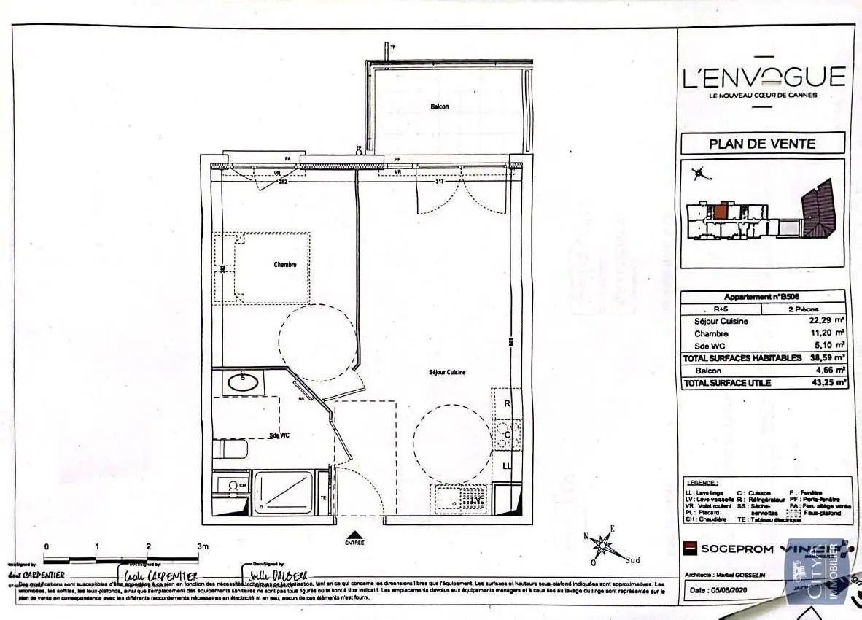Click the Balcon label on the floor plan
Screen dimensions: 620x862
click(439, 106)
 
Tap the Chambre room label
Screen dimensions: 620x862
click(285, 265)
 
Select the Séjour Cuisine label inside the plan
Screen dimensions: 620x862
click(447, 373)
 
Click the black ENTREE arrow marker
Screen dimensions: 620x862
click(354, 535)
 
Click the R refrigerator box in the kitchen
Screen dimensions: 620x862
click(507, 403)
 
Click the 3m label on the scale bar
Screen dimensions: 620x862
click(203, 546)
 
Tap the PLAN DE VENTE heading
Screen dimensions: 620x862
click(762, 144)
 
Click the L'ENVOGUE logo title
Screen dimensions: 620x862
click(763, 76)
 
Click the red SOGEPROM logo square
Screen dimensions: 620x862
click(688, 548)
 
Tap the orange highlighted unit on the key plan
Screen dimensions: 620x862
click(720, 212)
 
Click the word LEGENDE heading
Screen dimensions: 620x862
click(702, 483)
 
